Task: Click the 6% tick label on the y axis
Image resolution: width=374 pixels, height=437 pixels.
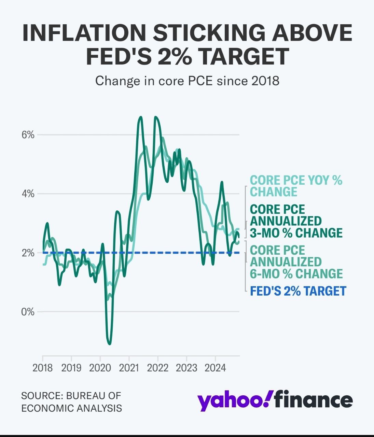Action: coord(28,135)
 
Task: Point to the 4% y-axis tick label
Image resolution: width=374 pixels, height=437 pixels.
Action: coord(28,194)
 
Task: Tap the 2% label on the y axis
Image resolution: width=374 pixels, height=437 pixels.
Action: coord(28,253)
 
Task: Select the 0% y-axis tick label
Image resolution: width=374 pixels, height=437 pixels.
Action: coord(28,312)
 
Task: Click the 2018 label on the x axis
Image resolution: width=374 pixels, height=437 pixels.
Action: coord(43,368)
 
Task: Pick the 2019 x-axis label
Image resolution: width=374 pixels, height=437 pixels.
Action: coord(71,368)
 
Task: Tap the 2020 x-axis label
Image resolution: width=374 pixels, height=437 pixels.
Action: coord(100,368)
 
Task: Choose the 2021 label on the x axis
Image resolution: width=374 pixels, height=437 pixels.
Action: coord(129,368)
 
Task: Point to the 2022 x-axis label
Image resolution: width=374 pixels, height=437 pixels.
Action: coord(158,368)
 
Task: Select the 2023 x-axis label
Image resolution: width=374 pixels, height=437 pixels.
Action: coord(186,368)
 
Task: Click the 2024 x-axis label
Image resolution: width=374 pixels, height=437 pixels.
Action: coord(215,368)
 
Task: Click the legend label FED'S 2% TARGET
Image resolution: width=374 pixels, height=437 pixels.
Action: coord(298,291)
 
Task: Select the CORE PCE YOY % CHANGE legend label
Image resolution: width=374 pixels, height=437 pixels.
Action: coord(296,186)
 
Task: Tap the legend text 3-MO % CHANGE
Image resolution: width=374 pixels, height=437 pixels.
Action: coord(296,233)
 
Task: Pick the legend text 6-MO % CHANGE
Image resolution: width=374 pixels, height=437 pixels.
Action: coord(296,274)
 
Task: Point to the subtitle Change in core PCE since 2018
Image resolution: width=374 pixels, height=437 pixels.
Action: coord(187,81)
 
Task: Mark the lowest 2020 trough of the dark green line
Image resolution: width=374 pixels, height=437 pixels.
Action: coord(109,344)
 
